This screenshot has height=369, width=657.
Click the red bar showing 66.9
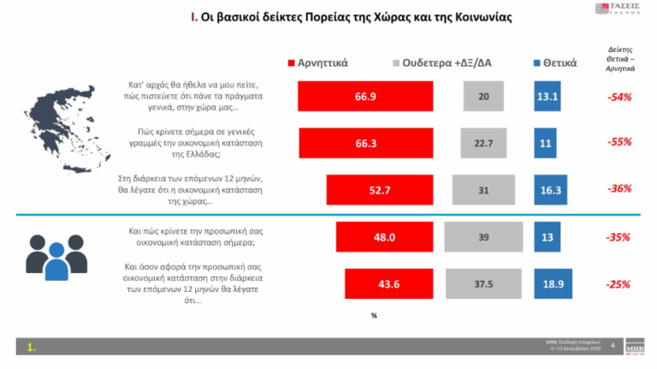coord(360,97)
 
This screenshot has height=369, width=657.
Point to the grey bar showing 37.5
coord(484,284)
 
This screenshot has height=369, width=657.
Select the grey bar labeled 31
coord(483,189)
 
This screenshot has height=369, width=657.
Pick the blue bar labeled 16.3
coord(548,189)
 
